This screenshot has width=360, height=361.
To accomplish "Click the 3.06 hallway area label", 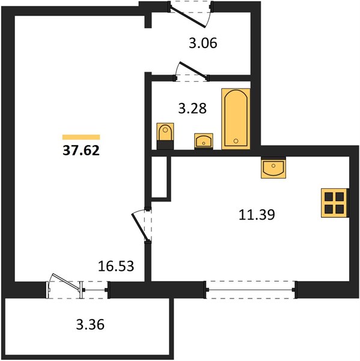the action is pyautogui.click(x=203, y=43).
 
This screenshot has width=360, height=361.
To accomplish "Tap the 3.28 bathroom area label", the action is pyautogui.click(x=192, y=108).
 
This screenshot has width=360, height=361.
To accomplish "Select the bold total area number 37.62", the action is pyautogui.click(x=81, y=151).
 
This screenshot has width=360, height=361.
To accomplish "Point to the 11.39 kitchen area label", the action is pyautogui.click(x=257, y=215).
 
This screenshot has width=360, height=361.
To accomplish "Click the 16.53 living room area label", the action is pyautogui.click(x=116, y=266).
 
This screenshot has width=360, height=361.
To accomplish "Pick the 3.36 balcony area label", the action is pyautogui.click(x=90, y=324).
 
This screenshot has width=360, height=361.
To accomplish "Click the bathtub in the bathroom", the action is pyautogui.click(x=236, y=119).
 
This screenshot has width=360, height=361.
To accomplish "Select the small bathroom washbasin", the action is pyautogui.click(x=204, y=141).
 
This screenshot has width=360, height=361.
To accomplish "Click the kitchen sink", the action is pyautogui.click(x=273, y=168).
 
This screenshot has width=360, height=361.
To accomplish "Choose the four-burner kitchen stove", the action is pyautogui.click(x=334, y=203).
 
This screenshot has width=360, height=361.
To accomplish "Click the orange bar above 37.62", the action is pyautogui.click(x=81, y=137).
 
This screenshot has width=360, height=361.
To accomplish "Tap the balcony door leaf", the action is pyautogui.click(x=66, y=282).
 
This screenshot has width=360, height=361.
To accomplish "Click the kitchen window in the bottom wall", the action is pyautogui.click(x=251, y=289).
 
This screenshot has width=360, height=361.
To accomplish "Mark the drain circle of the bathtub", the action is pyautogui.click(x=236, y=141).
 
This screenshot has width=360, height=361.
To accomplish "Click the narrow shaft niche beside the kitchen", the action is pyautogui.click(x=159, y=177).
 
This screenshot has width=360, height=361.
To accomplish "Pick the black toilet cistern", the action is pyautogui.click(x=165, y=145).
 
